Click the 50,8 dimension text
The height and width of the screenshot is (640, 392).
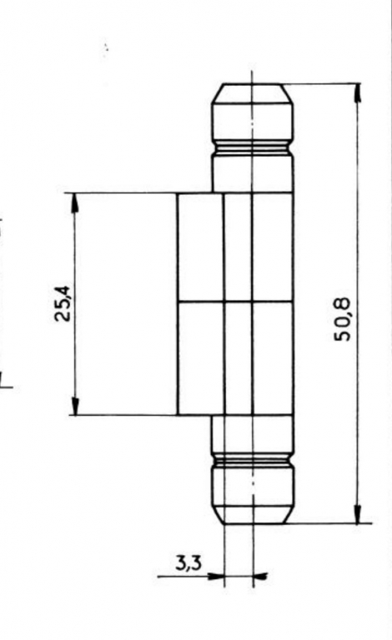coord(342,319)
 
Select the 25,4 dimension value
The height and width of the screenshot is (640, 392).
coord(63,303)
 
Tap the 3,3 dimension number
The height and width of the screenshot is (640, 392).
coord(188,563)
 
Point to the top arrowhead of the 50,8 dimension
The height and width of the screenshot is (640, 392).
coord(358,93)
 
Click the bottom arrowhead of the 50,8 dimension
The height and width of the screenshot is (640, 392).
coord(357,513)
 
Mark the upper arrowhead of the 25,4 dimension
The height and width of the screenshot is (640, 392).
coord(75,202)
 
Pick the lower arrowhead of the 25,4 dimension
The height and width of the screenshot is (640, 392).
coord(75,405)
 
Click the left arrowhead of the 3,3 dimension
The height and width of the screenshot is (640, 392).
coord(215,577)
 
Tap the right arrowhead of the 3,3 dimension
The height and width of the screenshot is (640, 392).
coord(260,577)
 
